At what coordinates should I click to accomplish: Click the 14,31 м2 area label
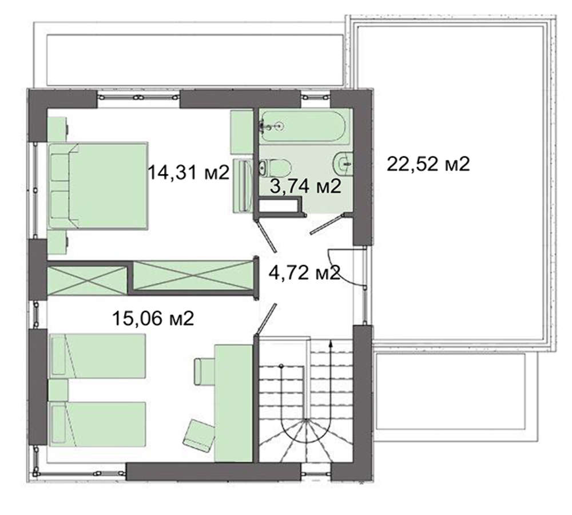[x=188, y=172]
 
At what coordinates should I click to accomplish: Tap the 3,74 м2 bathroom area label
[x=305, y=186]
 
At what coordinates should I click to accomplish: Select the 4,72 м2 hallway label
[x=305, y=272]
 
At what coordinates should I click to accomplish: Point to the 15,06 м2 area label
[x=153, y=318]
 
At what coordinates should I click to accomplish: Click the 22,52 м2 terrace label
[x=428, y=164]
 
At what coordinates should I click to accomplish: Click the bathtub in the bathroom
[x=301, y=126]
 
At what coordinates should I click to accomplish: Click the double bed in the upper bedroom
[x=98, y=186]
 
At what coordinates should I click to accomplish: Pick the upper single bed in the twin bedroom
[x=97, y=356]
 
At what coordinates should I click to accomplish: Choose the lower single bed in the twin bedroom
[x=97, y=424]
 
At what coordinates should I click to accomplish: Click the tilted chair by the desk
[x=198, y=435]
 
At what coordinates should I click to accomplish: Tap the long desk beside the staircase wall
[x=233, y=403]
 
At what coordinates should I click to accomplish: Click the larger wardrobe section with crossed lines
[x=193, y=276]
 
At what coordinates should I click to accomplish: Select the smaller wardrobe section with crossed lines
[x=87, y=280]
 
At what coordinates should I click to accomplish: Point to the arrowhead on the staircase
[x=331, y=343]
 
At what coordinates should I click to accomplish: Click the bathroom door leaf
[x=326, y=224]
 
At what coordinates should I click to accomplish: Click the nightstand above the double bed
[x=58, y=129]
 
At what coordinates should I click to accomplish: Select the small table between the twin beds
[x=58, y=390]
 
